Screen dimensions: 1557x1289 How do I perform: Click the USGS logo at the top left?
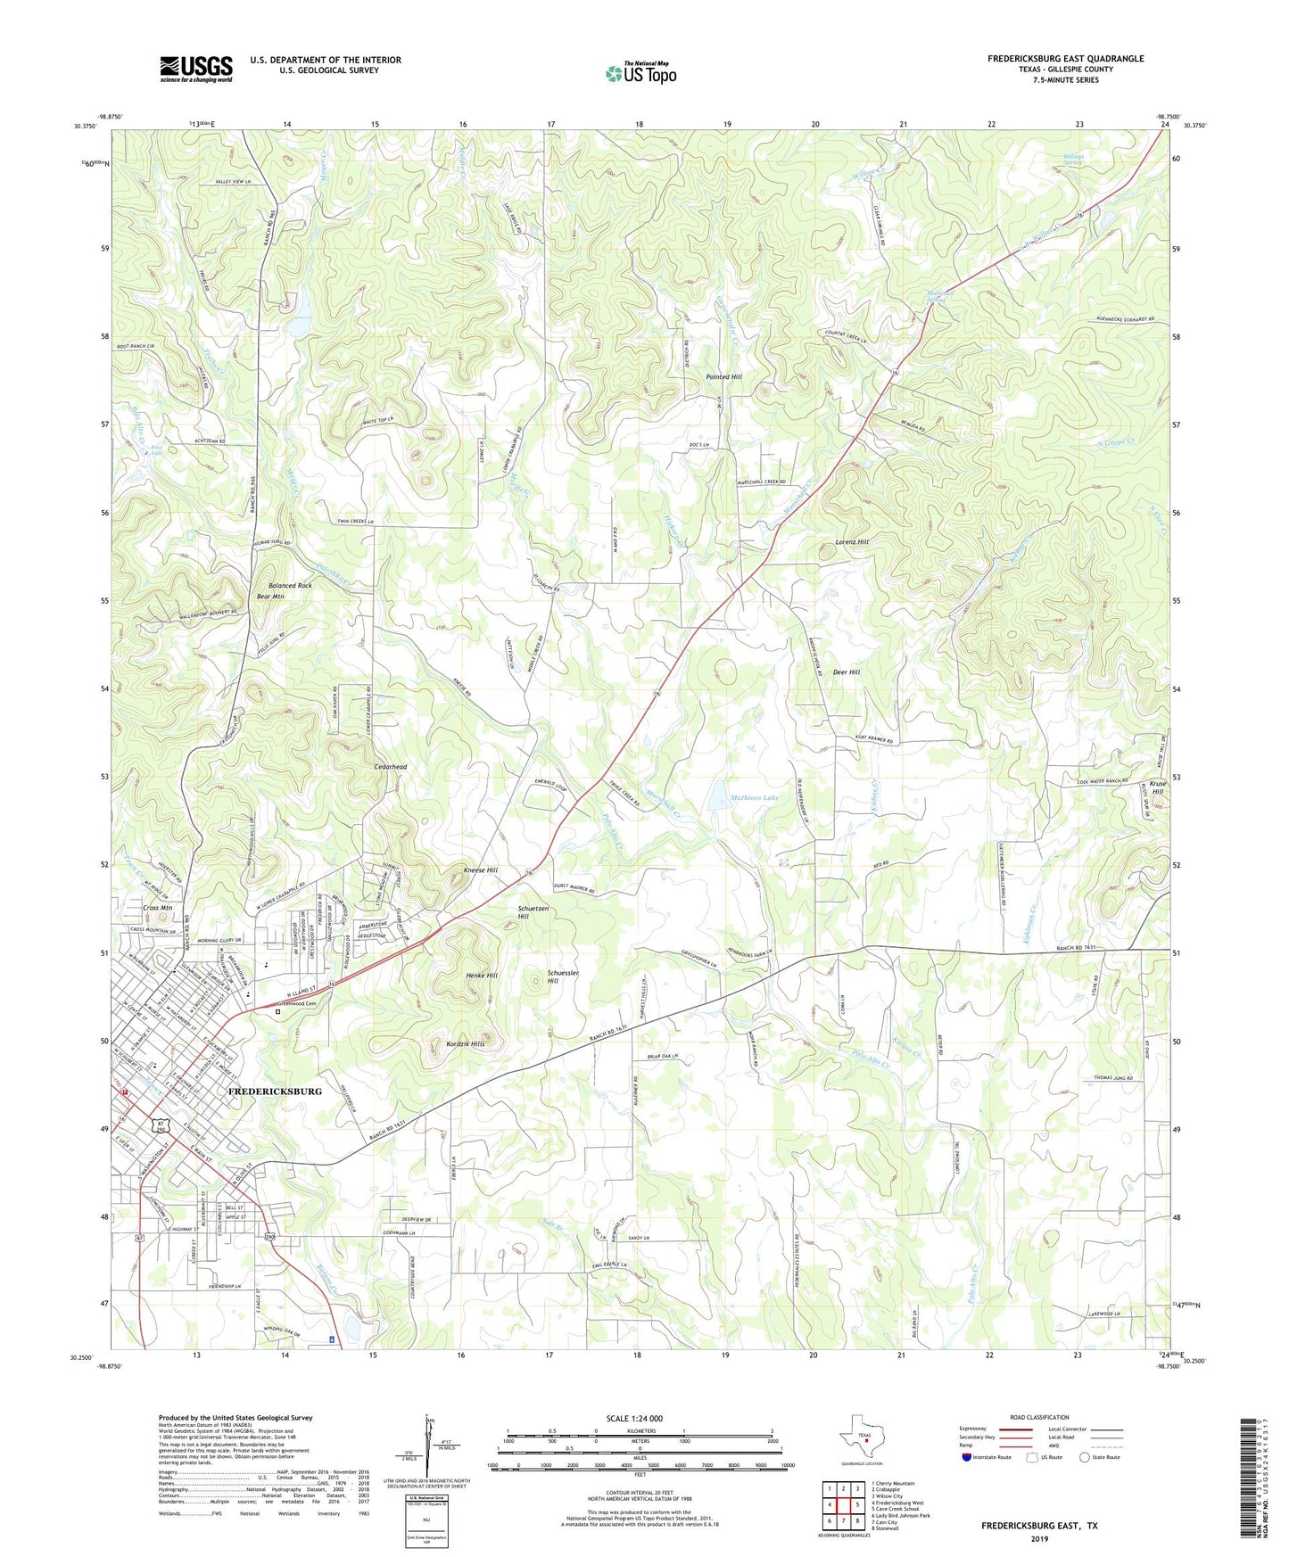coord(195,69)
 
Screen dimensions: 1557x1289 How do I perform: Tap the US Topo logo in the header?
coord(640,73)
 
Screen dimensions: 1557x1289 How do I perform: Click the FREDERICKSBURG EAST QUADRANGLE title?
coord(1065,59)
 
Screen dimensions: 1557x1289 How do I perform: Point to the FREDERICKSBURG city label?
coord(275,1091)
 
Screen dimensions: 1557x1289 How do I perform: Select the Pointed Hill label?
coord(723,377)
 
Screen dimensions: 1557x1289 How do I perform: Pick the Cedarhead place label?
coord(391,767)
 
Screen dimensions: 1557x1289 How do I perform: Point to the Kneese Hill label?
coord(480,869)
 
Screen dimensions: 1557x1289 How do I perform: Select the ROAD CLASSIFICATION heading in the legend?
coord(1039,1417)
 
